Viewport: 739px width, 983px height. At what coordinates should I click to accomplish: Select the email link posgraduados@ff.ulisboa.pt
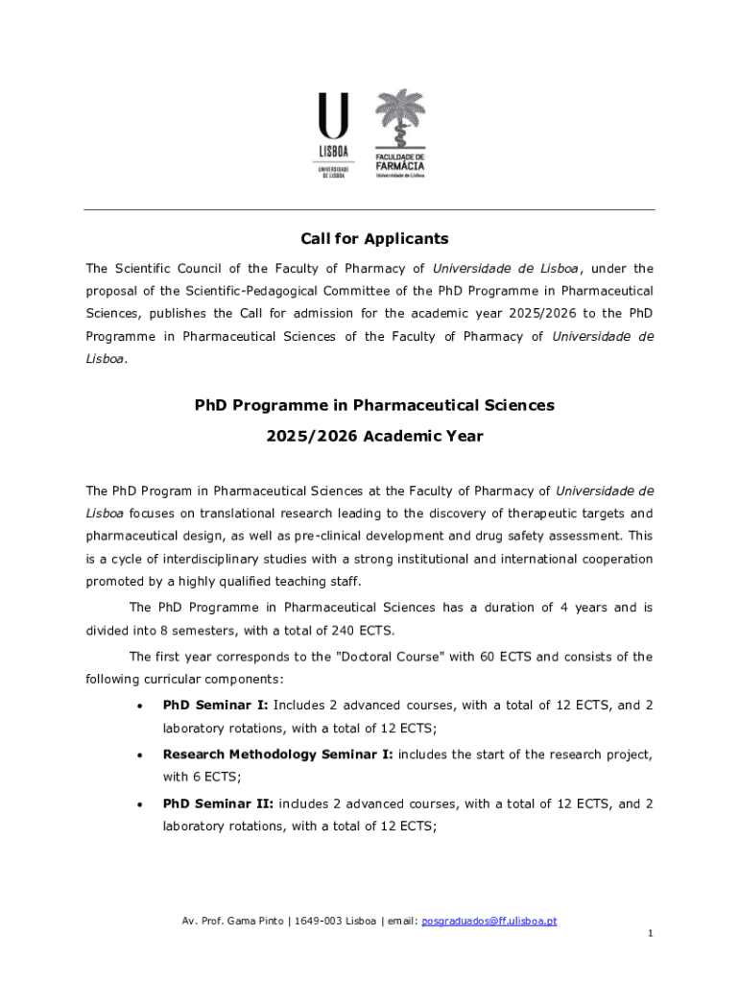[489, 921]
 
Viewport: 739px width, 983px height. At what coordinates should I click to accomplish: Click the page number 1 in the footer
[650, 933]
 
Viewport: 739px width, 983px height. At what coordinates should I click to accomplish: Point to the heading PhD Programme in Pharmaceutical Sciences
[374, 405]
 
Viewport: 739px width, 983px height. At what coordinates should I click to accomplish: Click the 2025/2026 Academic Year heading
[374, 436]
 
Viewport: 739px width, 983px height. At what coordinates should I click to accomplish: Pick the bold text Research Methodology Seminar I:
[277, 755]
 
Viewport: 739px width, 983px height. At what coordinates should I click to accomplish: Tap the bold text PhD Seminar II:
[218, 803]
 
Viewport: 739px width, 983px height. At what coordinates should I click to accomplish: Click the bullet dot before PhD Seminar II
[141, 804]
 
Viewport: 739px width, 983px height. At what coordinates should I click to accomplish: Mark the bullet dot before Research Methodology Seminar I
[141, 755]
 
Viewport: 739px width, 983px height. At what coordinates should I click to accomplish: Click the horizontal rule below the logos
[369, 209]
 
